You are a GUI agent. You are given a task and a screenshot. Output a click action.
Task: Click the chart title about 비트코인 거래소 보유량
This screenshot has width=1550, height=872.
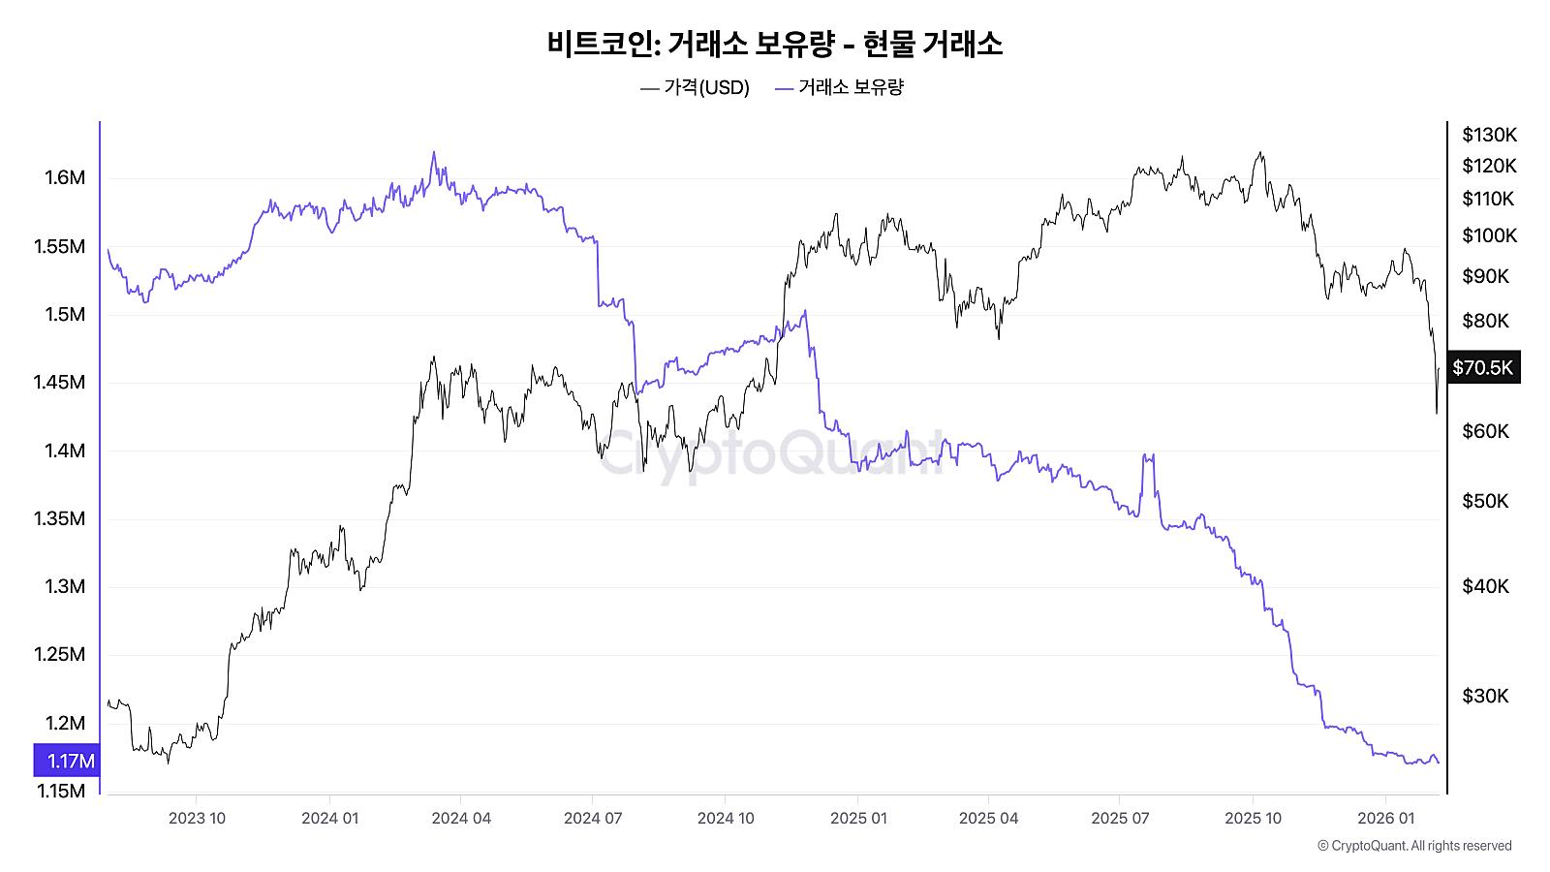tap(774, 44)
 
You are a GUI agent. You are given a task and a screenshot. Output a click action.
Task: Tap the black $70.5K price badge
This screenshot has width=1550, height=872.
tap(1482, 367)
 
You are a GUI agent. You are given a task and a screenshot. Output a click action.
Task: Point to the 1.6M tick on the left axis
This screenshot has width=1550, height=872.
tap(65, 177)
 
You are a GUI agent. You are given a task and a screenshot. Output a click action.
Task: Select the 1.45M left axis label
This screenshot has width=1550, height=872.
tap(60, 382)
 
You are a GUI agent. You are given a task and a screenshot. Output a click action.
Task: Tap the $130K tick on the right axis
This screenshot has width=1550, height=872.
tap(1489, 135)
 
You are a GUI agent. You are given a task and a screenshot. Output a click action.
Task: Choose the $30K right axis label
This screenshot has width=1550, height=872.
tap(1484, 696)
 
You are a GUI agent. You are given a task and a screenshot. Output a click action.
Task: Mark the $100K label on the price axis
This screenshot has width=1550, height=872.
tap(1489, 235)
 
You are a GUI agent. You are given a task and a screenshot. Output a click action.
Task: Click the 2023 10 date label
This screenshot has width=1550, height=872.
tap(197, 818)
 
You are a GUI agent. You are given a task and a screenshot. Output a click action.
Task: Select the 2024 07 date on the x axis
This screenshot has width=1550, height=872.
tap(593, 818)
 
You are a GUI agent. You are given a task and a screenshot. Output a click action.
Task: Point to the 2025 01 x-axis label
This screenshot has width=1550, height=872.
tap(858, 818)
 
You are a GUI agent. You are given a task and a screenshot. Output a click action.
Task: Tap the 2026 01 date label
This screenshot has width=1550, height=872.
tap(1386, 818)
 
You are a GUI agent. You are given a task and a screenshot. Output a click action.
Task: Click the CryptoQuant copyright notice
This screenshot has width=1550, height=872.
tap(1414, 846)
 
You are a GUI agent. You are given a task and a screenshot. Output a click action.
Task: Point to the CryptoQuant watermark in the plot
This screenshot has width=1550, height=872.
tap(770, 452)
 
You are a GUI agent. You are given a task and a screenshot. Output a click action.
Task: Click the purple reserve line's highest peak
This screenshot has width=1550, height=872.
tap(433, 152)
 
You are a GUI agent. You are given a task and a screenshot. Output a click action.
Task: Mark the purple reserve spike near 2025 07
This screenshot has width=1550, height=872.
tap(1149, 455)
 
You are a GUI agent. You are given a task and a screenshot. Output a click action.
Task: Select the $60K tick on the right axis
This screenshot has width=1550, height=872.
tap(1484, 431)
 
